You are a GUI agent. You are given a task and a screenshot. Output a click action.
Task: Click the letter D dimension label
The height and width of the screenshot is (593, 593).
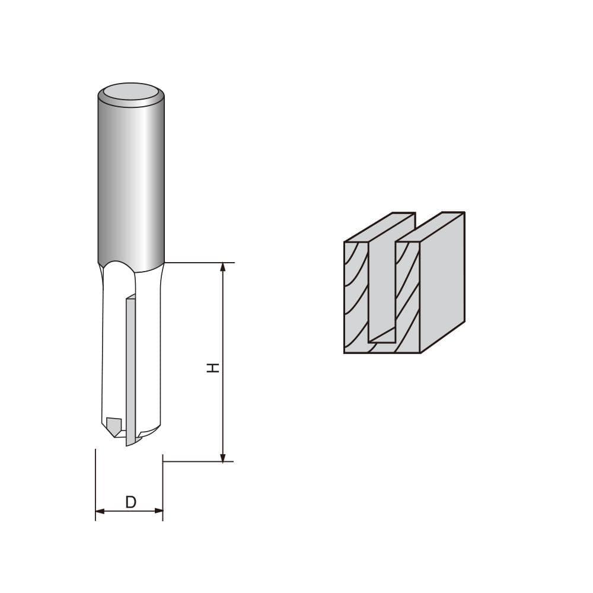coord(131,502)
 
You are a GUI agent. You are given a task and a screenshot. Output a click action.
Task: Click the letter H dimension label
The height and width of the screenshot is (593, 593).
coord(213,368)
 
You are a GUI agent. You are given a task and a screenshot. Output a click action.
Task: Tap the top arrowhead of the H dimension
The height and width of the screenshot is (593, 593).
coord(223,267)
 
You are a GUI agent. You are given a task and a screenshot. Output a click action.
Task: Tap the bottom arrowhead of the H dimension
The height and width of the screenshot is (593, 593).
coord(223,457)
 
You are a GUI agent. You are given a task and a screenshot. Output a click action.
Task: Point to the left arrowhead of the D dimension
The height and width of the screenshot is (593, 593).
coord(100,511)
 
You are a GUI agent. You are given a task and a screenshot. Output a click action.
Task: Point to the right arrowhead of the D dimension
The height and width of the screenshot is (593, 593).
coord(158,511)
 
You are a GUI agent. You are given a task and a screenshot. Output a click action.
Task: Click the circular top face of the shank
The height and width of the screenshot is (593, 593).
coord(131,93)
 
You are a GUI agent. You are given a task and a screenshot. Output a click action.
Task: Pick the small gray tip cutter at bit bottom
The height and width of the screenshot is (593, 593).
coord(113,425)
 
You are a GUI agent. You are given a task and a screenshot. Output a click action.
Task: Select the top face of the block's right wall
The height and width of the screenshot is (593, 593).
coord(431,227)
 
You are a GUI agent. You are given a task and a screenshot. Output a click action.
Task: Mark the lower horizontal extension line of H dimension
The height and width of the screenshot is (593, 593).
coord(199,461)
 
